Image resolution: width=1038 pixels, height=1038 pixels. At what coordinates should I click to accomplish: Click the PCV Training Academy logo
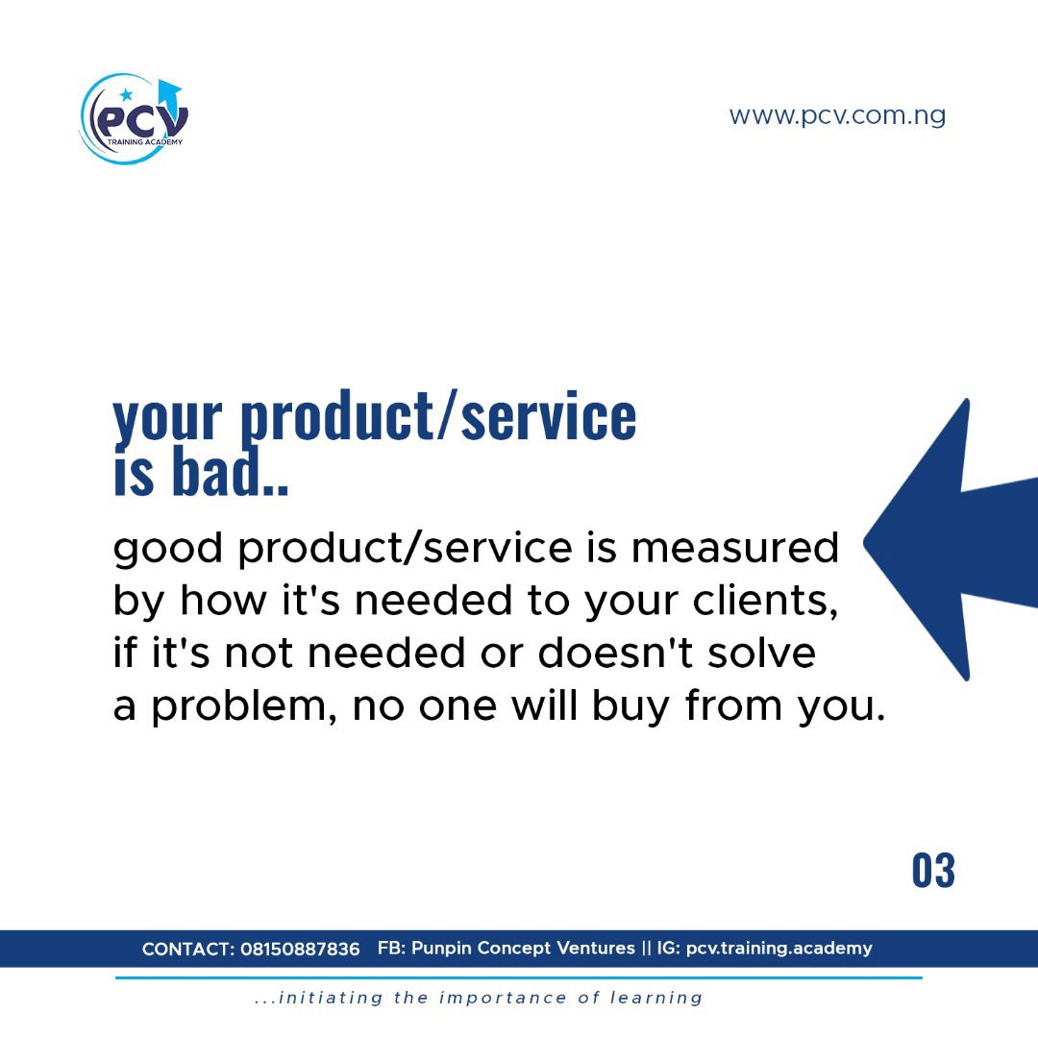[135, 118]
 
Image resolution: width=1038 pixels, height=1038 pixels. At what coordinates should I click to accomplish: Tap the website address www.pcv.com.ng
[837, 116]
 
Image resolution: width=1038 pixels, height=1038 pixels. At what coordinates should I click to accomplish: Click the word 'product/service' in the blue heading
[437, 416]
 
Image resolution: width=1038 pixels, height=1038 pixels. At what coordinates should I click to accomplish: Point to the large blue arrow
[951, 540]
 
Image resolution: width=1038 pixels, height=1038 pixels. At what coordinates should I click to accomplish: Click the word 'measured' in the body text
[735, 548]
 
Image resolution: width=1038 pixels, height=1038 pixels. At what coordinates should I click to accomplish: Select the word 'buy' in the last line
[630, 707]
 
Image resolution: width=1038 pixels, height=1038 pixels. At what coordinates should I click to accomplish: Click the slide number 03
[933, 871]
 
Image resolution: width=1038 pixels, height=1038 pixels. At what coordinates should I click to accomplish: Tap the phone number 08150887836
[300, 950]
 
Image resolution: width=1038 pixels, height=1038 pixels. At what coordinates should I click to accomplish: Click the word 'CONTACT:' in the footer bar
[188, 950]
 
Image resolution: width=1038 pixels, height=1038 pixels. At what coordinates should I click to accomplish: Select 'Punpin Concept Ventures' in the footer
[523, 948]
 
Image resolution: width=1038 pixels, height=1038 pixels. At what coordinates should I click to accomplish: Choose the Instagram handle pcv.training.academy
[779, 949]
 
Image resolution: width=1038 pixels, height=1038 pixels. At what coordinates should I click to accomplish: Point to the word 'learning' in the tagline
[656, 999]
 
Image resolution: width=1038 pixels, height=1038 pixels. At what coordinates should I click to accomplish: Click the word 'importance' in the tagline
[503, 999]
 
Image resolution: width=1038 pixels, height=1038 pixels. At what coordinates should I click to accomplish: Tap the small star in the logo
[126, 94]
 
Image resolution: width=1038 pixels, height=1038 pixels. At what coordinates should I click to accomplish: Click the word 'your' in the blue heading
[167, 420]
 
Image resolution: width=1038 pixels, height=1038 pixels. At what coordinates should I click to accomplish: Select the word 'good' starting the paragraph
[167, 550]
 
